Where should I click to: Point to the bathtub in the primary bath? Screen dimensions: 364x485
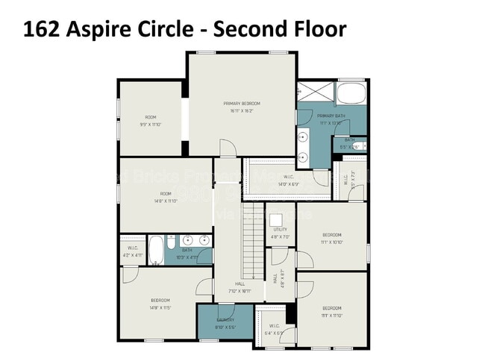(x=350, y=95)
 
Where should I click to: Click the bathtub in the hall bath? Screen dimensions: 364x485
(x=156, y=251)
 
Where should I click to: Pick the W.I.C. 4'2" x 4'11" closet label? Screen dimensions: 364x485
(x=133, y=251)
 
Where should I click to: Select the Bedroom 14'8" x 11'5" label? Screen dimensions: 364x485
(x=160, y=304)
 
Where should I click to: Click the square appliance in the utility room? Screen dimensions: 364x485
(x=276, y=219)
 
